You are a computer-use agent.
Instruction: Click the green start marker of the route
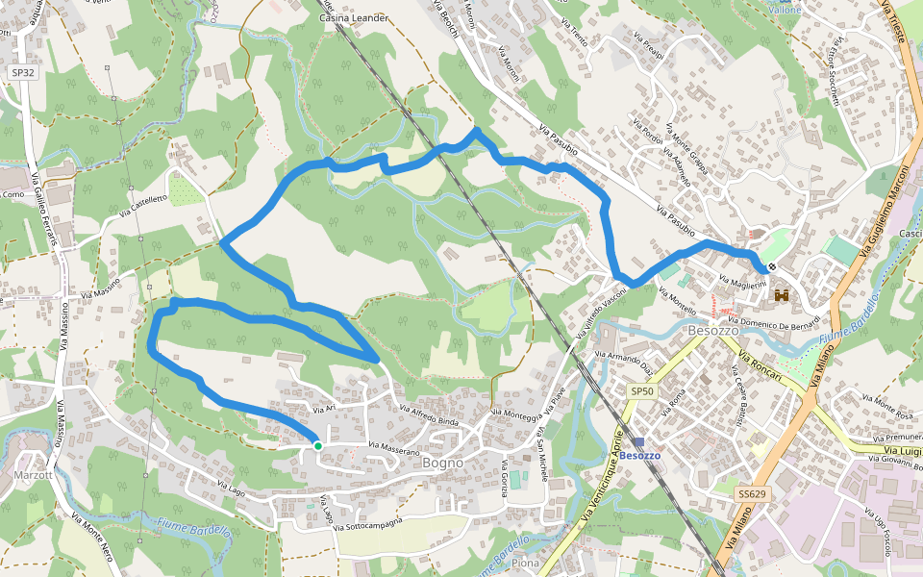(x=317, y=445)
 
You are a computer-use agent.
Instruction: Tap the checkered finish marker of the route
(x=772, y=267)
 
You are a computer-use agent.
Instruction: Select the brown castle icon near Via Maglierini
(x=781, y=295)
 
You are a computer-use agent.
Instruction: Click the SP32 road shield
(x=21, y=72)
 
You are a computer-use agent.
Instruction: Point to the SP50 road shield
(x=641, y=391)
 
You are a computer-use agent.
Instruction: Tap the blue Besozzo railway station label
(x=639, y=455)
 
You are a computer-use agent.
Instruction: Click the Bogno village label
(x=442, y=463)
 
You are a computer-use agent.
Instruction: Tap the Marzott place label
(x=33, y=475)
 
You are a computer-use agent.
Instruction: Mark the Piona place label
(x=525, y=563)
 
